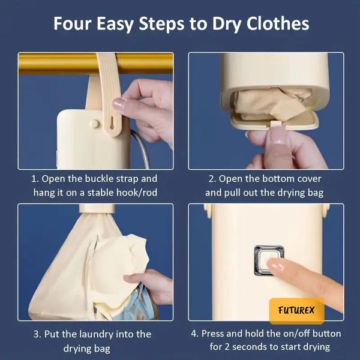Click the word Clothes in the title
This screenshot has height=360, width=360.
pos(278,23)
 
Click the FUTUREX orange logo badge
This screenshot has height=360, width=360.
pos(296,311)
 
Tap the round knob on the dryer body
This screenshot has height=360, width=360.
pos(94,124)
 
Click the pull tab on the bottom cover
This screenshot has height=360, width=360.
pos(276,124)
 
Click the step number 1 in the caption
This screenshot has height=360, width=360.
pos(34,179)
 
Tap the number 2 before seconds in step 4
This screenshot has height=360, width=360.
pos(227,347)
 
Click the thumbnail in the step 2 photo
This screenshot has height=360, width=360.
pos(278,137)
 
